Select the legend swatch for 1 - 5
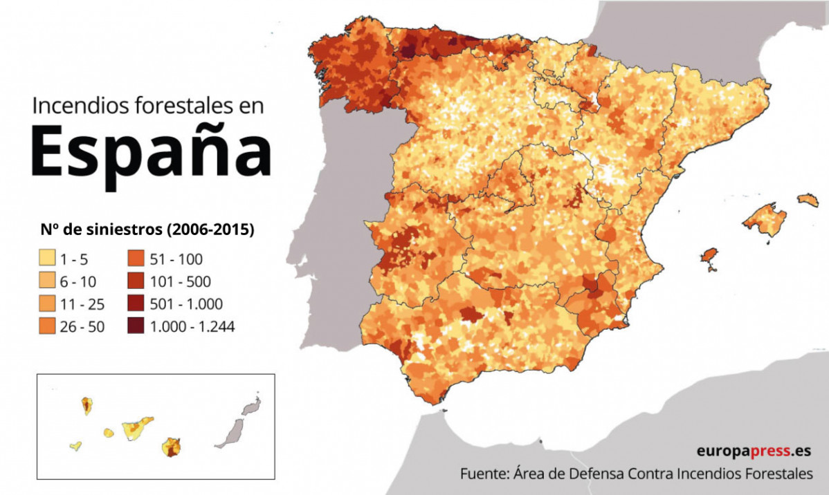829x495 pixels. (46, 259)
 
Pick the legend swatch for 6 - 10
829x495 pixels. (46, 281)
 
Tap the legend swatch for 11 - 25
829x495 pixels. (46, 304)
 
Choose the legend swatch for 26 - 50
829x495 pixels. (46, 326)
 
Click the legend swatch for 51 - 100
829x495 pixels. (136, 259)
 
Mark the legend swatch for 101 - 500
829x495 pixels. (136, 281)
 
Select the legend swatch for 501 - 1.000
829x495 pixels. (136, 304)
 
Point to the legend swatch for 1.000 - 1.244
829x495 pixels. (136, 326)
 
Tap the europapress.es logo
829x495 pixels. (753, 451)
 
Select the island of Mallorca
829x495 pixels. (765, 221)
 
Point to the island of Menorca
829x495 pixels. (808, 200)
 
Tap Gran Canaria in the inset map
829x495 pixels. (171, 447)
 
